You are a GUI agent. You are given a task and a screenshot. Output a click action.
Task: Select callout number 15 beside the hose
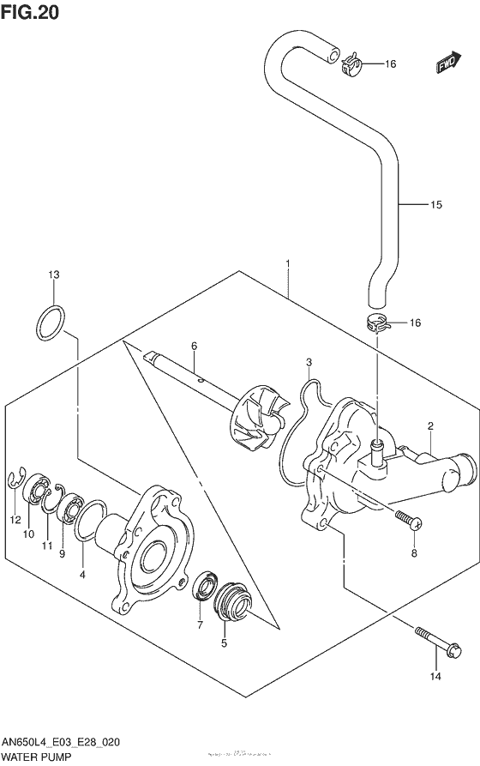[436, 205]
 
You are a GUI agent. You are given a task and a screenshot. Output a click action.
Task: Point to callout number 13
[53, 275]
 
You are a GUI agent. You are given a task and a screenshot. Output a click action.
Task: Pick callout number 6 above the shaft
[194, 346]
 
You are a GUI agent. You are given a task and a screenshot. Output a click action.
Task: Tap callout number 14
[435, 678]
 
